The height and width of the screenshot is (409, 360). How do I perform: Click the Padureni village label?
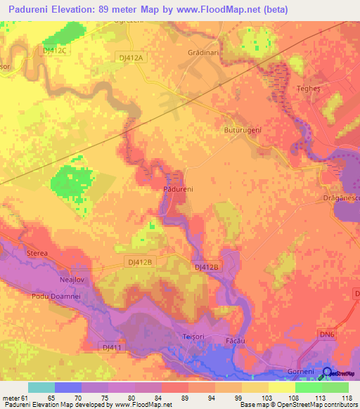pos(178,190)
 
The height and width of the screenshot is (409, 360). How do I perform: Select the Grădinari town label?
pos(205,53)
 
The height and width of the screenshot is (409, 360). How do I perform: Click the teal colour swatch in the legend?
pos(41,387)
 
